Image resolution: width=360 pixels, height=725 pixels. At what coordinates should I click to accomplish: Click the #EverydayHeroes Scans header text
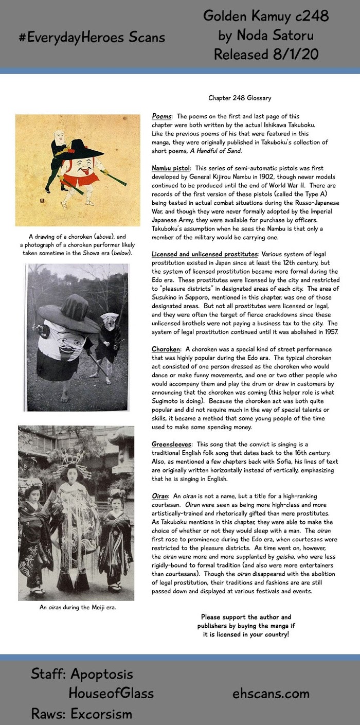click(x=92, y=37)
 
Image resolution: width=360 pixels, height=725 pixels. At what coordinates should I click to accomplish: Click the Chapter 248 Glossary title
click(x=240, y=98)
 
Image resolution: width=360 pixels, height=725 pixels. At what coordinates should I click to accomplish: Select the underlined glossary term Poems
click(x=162, y=116)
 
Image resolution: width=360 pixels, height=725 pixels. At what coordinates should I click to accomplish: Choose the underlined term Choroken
click(x=166, y=349)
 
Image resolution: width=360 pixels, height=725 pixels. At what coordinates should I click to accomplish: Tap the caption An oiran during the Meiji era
click(x=78, y=607)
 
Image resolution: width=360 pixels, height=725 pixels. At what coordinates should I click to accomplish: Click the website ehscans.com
click(x=271, y=693)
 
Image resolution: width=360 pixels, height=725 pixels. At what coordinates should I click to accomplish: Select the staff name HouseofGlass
click(x=111, y=693)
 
